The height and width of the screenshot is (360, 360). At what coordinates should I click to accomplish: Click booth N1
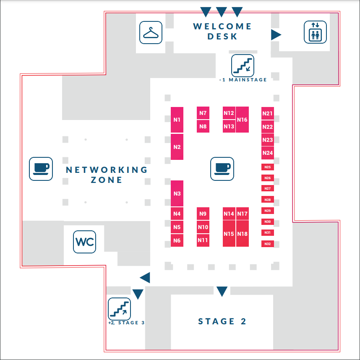pyautogui.click(x=177, y=120)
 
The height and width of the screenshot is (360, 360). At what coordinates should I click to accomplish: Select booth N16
pyautogui.click(x=242, y=120)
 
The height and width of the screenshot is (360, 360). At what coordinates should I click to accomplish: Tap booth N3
pyautogui.click(x=177, y=193)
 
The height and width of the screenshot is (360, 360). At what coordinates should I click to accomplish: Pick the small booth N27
pyautogui.click(x=268, y=188)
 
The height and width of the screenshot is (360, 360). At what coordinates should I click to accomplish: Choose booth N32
pyautogui.click(x=268, y=244)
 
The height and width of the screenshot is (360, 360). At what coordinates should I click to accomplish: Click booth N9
pyautogui.click(x=203, y=214)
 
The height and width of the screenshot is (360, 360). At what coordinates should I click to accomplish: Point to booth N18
pyautogui.click(x=243, y=234)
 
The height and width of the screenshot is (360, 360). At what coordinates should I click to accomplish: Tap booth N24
pyautogui.click(x=268, y=153)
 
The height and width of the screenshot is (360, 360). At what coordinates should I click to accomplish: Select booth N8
pyautogui.click(x=203, y=126)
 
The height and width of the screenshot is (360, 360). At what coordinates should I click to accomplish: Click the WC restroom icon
pyautogui.click(x=84, y=242)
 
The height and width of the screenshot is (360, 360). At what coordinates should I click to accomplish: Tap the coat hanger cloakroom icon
pyautogui.click(x=151, y=32)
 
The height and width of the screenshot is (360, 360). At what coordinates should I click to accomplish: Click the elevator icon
pyautogui.click(x=315, y=32)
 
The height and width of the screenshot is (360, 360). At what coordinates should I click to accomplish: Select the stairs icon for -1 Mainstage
pyautogui.click(x=243, y=65)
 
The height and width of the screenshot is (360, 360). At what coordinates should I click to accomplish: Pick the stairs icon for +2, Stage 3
pyautogui.click(x=120, y=308)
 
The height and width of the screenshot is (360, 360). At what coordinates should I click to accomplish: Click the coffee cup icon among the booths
pyautogui.click(x=222, y=168)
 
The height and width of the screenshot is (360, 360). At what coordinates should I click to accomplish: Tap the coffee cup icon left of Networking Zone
pyautogui.click(x=41, y=169)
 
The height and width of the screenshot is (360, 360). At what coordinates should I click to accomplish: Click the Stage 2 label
pyautogui.click(x=222, y=321)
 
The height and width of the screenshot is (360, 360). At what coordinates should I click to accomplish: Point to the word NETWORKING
pyautogui.click(x=107, y=170)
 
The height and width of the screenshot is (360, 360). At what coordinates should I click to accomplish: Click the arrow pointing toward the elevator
pyautogui.click(x=276, y=34)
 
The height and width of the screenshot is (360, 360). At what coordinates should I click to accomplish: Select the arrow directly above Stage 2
pyautogui.click(x=222, y=291)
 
